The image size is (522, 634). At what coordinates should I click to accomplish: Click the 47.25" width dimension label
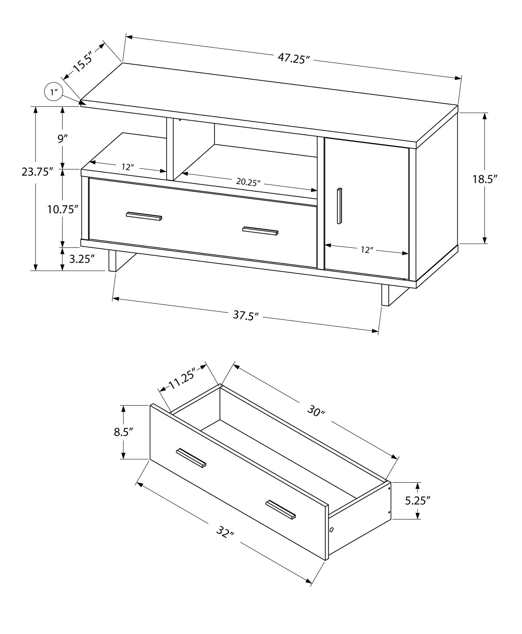click(293, 58)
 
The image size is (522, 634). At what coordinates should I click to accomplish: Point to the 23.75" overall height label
click(37, 172)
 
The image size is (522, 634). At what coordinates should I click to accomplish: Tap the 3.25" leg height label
click(82, 259)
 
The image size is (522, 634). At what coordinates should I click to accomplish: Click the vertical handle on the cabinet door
click(339, 206)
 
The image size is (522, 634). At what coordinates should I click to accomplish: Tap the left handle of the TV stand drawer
click(144, 216)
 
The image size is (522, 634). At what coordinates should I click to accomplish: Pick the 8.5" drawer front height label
click(124, 432)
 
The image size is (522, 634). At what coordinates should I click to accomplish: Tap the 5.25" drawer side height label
click(417, 501)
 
